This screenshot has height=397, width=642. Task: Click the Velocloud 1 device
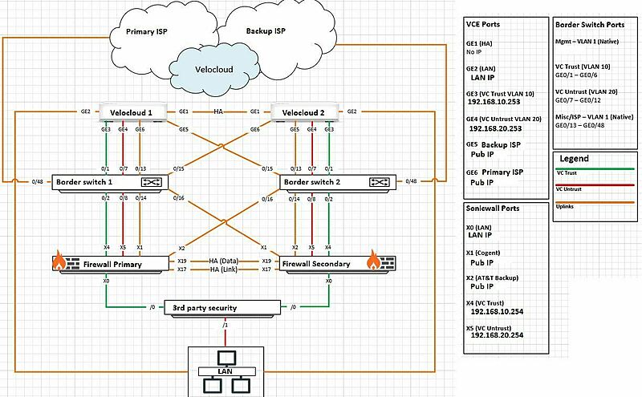click(x=132, y=111)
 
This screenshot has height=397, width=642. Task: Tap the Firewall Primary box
click(x=110, y=264)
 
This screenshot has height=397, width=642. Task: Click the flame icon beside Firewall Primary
click(x=58, y=261)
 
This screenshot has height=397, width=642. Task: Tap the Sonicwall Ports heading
click(x=493, y=208)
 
